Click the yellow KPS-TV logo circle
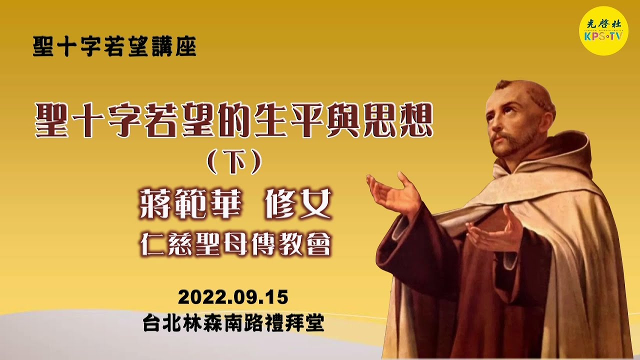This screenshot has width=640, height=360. tap(603, 30)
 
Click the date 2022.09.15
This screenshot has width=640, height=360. tap(233, 297)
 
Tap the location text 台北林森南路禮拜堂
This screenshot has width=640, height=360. tap(233, 323)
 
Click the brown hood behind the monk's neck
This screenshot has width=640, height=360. tap(575, 150)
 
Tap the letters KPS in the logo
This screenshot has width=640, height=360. tap(594, 36)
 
